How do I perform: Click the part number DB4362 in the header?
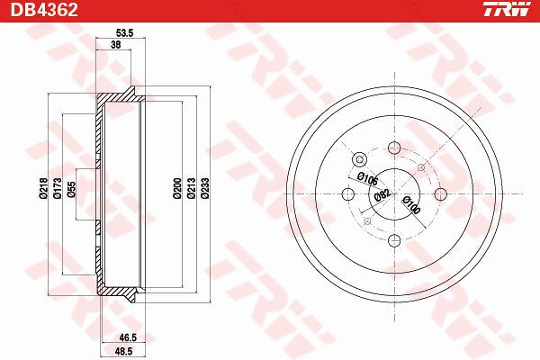point(44,10)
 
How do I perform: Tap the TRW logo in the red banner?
point(507,9)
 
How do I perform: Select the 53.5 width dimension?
point(124,33)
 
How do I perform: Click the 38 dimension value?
point(116,44)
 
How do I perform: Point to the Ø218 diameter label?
point(43,188)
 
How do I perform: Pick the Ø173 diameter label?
point(58,188)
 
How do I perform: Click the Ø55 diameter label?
point(71,189)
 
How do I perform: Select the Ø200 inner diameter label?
point(177,188)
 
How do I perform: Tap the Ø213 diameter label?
point(191,188)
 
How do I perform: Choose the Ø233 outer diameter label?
point(205,188)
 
